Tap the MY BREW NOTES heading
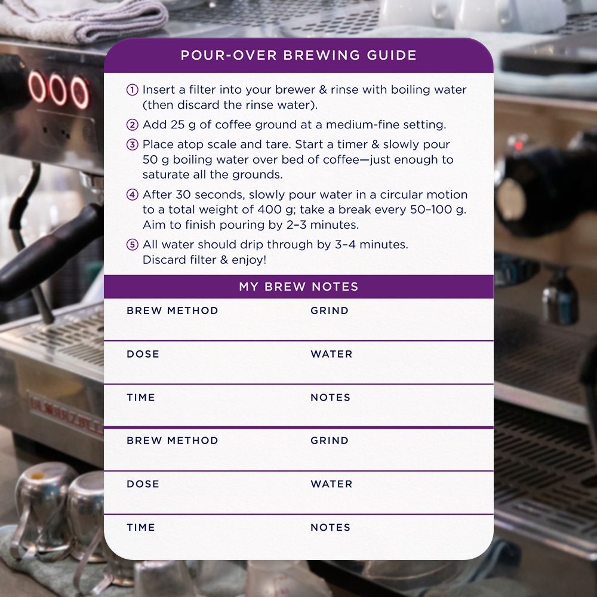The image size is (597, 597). [298, 287]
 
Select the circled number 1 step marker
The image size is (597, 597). [133, 90]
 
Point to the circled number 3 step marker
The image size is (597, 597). [133, 144]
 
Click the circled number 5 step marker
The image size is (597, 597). [133, 245]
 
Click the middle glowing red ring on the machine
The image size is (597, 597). [58, 90]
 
